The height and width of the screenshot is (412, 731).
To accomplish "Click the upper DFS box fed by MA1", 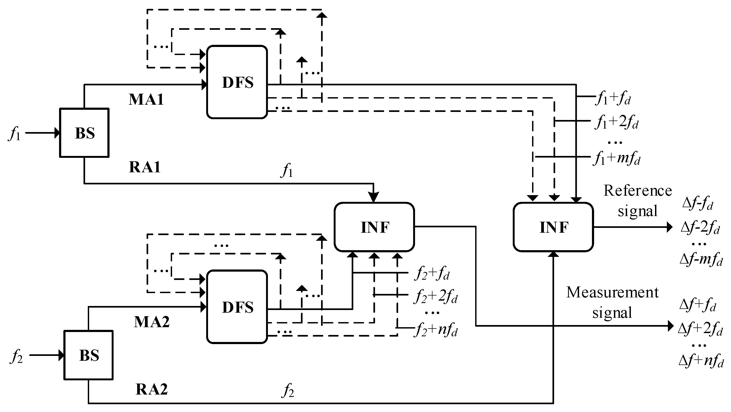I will tap(237, 82).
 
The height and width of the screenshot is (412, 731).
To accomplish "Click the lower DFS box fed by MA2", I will tap(237, 307).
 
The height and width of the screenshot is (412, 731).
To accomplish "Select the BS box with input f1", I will tap(84, 133).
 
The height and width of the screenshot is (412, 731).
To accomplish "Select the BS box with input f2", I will tap(89, 355).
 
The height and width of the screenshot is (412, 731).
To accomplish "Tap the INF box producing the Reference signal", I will tap(553, 227).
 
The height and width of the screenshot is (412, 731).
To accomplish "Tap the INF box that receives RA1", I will tap(374, 227).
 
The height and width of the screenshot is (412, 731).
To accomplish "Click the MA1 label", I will tap(146, 100).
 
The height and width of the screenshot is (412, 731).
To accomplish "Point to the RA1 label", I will tap(145, 167).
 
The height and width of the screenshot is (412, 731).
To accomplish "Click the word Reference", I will tap(637, 190).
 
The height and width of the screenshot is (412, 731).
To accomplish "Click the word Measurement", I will tap(612, 292).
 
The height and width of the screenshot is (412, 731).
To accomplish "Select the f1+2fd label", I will tap(616, 122).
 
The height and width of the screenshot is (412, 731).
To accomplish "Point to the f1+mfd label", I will tap(616, 158).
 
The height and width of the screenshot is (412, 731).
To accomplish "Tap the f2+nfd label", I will tap(436, 330).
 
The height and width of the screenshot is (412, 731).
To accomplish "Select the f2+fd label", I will tap(432, 274).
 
